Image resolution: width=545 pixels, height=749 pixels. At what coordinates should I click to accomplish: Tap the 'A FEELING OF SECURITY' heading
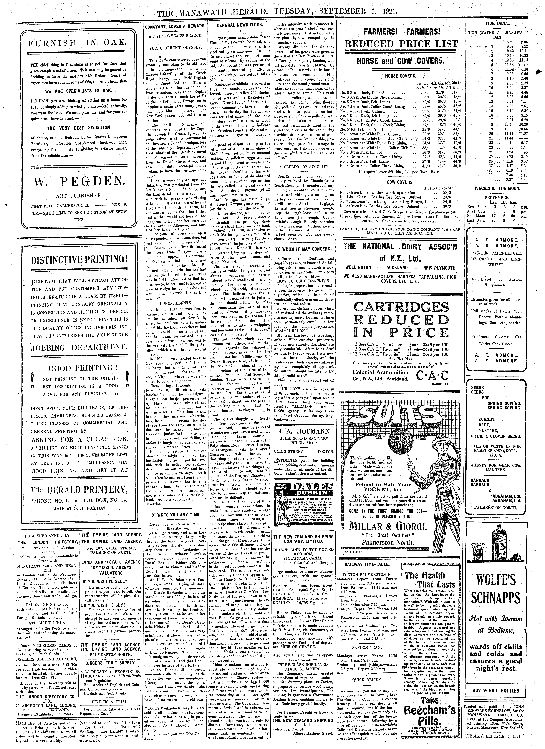(x=303, y=167)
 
